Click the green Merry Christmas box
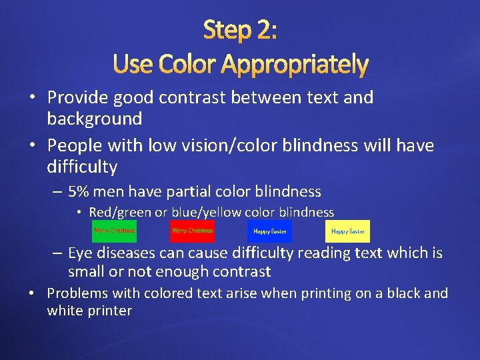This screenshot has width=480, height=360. coord(114,231)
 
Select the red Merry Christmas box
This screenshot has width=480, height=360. coord(192,231)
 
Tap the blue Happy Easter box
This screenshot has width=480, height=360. coord(269,231)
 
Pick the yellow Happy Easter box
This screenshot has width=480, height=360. coord(347,231)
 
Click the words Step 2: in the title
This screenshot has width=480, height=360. coord(240,30)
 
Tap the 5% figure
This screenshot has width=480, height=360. coord(79,192)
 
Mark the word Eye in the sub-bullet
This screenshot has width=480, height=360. coord(80,253)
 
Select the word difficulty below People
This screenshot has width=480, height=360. coord(82,167)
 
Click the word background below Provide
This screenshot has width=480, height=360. coord(95,119)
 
